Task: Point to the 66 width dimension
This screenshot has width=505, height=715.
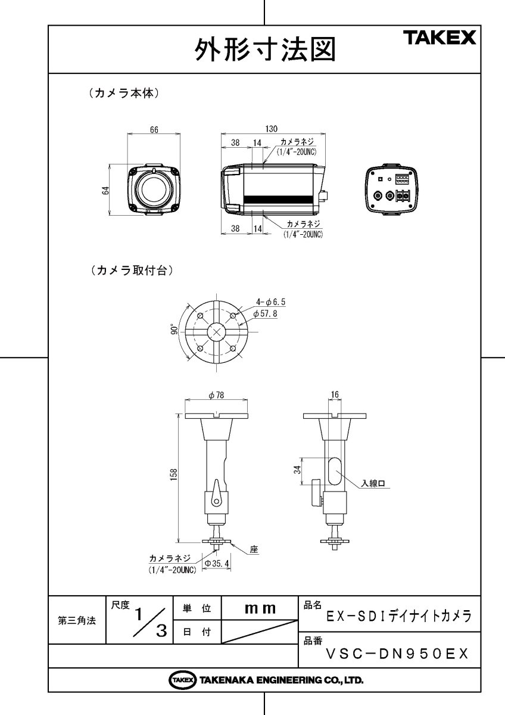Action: click(x=153, y=131)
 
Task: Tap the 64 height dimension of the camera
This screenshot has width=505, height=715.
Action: click(x=105, y=191)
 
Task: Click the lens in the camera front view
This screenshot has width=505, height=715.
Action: click(x=153, y=189)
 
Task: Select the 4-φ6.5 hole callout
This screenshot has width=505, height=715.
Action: click(x=270, y=302)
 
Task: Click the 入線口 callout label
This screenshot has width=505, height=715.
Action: click(x=374, y=484)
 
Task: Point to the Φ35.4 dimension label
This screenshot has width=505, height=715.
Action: click(x=217, y=562)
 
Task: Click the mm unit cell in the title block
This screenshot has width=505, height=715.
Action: click(x=260, y=608)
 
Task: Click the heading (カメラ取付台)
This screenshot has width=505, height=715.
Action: click(x=130, y=270)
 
